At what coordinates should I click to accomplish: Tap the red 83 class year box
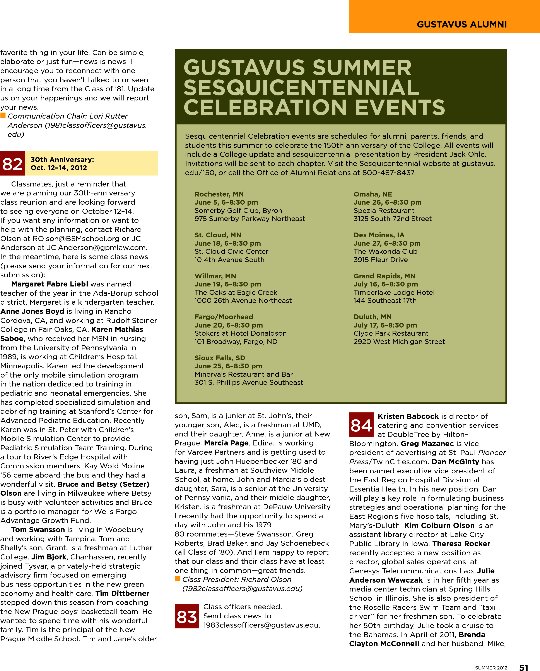187,616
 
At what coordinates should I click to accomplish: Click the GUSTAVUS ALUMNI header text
462,24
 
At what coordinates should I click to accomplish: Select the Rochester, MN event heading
219,194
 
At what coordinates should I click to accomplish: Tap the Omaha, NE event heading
373,194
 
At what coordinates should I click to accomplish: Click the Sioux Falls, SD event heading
220,358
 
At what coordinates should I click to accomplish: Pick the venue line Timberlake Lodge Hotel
394,292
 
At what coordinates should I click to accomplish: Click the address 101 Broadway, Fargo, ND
236,342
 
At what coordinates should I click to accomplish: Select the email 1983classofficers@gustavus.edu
261,625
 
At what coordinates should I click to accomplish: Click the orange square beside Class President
178,578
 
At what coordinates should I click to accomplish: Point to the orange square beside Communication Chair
3,115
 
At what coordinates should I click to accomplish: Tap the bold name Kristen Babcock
408,416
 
